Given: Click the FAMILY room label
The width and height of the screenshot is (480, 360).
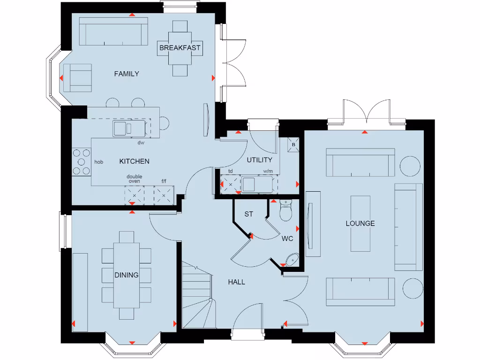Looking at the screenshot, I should [x=127, y=74].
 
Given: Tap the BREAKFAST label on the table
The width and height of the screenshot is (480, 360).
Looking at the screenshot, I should [x=180, y=48].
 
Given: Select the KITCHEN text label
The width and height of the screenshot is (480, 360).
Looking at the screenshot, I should [x=134, y=161].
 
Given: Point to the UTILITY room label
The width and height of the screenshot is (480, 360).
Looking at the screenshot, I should [x=259, y=160].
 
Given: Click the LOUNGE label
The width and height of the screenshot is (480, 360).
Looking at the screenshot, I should [x=360, y=224].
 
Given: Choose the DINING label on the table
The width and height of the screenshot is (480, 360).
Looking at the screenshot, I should [x=127, y=275].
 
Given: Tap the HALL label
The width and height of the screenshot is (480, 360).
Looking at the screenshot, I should [x=236, y=282].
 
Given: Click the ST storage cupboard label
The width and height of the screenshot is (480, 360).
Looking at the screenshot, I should [x=248, y=214].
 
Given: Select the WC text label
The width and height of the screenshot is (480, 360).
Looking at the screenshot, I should [x=287, y=239].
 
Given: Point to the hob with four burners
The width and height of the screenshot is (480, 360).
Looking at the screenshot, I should [x=82, y=162].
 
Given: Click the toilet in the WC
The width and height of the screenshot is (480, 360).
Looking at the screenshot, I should [x=285, y=211].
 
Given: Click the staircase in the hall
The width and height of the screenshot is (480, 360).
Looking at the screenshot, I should [x=197, y=295].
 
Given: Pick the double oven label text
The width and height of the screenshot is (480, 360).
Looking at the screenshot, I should [x=135, y=179].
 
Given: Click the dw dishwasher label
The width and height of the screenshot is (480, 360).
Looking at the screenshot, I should [x=140, y=142].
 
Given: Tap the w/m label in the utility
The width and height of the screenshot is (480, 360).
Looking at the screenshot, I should [x=268, y=172].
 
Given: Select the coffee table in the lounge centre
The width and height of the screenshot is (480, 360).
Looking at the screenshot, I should [x=360, y=223].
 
